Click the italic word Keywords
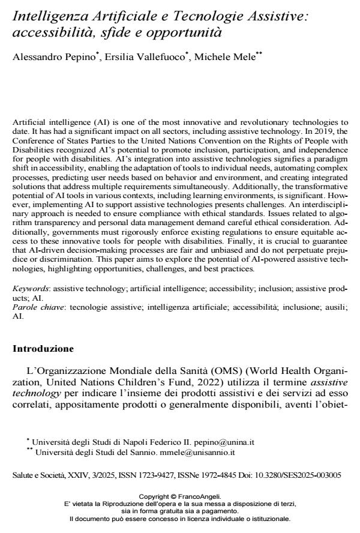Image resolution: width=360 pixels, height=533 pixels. click(29, 288)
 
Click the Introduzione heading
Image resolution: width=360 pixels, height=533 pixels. click(43, 348)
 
